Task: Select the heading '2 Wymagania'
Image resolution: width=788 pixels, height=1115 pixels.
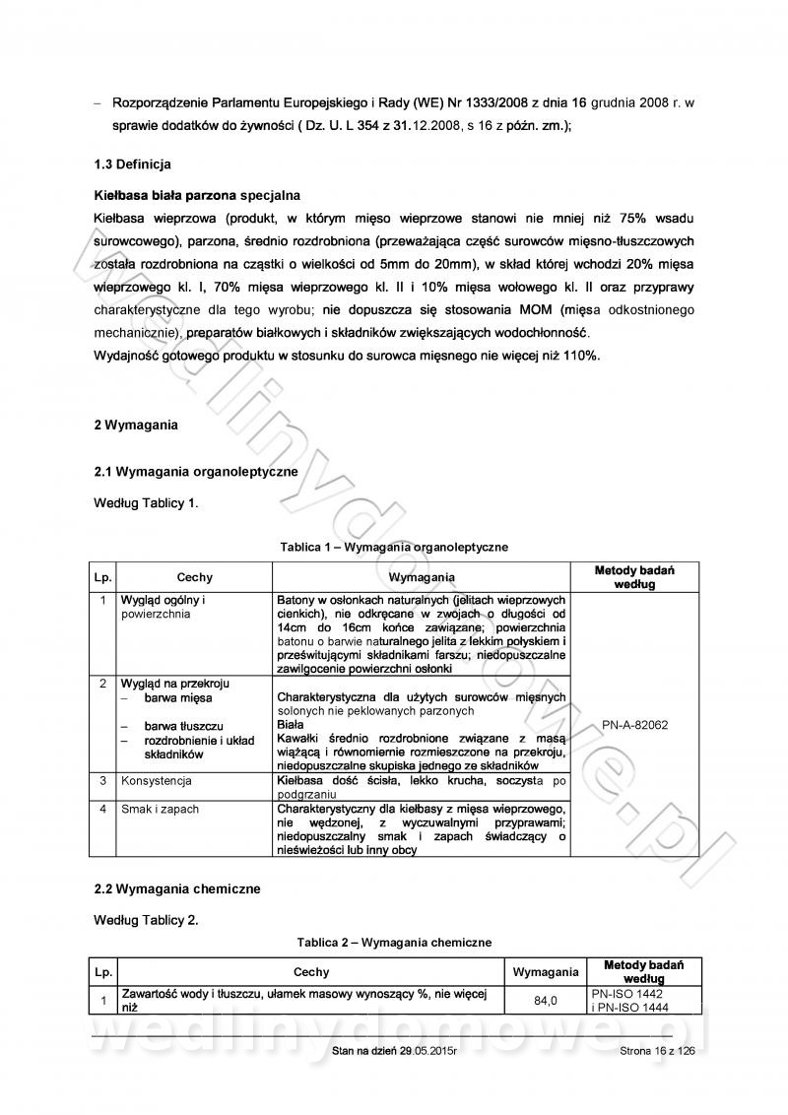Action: pyautogui.click(x=136, y=425)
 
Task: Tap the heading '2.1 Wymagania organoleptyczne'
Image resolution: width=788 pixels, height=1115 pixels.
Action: pyautogui.click(x=196, y=472)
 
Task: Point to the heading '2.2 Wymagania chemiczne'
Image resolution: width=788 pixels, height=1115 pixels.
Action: pyautogui.click(x=176, y=888)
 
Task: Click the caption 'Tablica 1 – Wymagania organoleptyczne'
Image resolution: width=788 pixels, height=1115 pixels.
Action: pyautogui.click(x=394, y=546)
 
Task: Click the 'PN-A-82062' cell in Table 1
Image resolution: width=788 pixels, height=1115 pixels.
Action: pyautogui.click(x=634, y=724)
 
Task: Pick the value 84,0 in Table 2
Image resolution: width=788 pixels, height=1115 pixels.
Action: pyautogui.click(x=546, y=1001)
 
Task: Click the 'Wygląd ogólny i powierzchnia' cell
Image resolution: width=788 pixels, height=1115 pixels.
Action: pyautogui.click(x=163, y=606)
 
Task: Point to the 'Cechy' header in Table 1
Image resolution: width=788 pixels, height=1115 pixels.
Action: pyautogui.click(x=194, y=577)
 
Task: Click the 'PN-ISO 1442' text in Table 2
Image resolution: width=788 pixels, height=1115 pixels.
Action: pyautogui.click(x=628, y=994)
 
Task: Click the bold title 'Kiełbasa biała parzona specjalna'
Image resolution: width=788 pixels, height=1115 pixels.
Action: pyautogui.click(x=197, y=195)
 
